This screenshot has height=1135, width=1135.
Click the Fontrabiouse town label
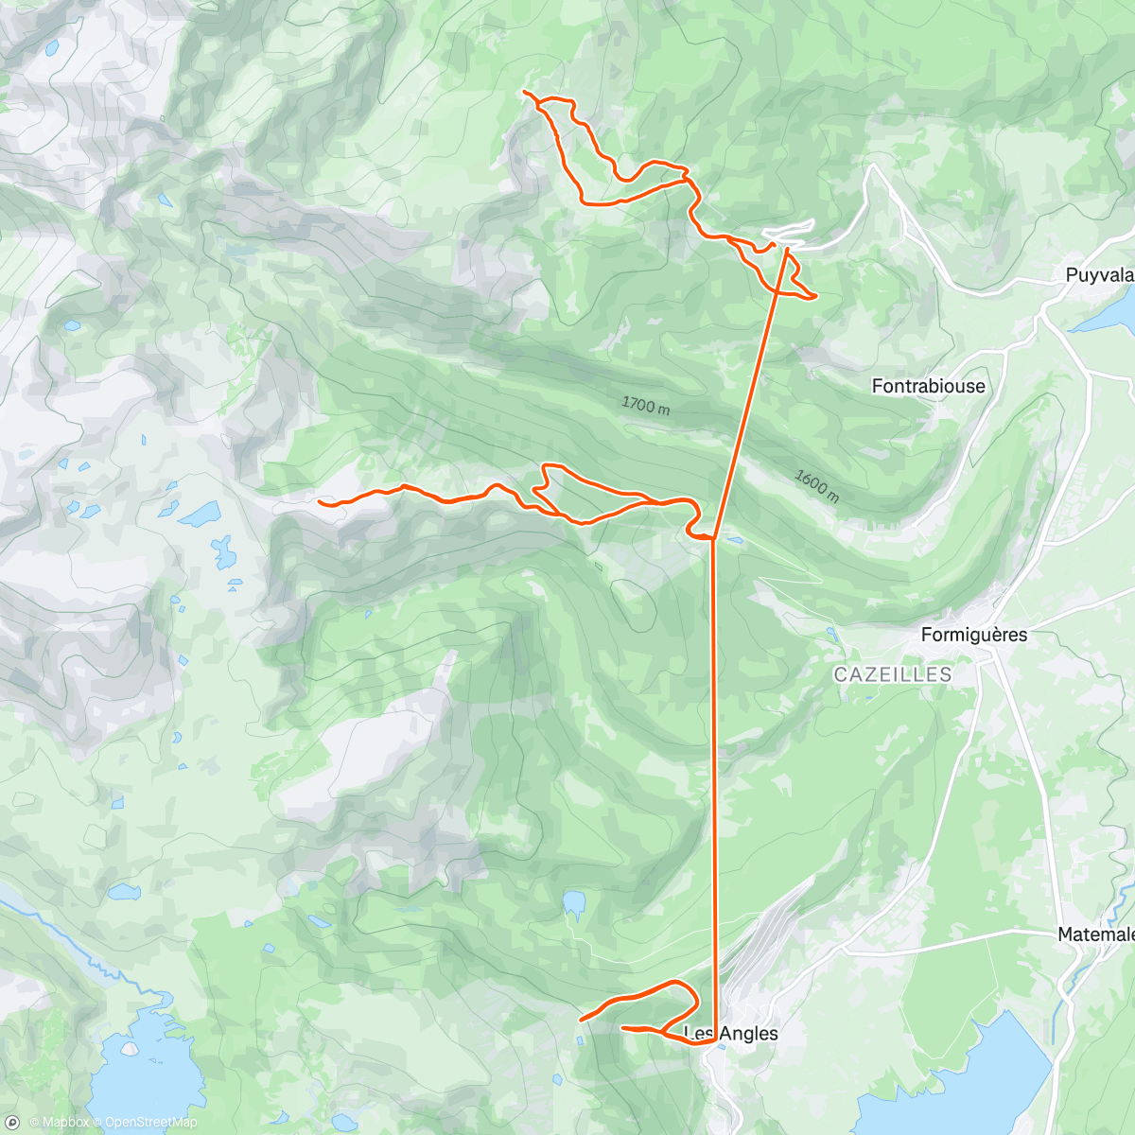[928, 386]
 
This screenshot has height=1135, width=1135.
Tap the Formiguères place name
[974, 634]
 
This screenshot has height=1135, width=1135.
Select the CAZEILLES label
[892, 674]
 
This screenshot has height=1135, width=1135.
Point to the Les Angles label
[731, 1033]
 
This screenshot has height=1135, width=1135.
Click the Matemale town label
[1095, 934]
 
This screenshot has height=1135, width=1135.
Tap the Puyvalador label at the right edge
[1099, 275]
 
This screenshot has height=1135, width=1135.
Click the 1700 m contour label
[646, 406]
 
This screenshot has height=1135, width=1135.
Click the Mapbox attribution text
[60, 1123]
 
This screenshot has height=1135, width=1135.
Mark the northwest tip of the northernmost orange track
[524, 91]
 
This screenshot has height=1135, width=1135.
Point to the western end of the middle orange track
[321, 502]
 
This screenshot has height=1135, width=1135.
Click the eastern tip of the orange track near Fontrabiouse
[815, 297]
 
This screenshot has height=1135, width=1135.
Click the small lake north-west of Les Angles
[574, 903]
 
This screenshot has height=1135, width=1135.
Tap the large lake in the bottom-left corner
[142, 1069]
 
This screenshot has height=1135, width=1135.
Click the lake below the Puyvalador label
[1107, 312]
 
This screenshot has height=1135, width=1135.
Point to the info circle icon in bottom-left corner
[12, 1123]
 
